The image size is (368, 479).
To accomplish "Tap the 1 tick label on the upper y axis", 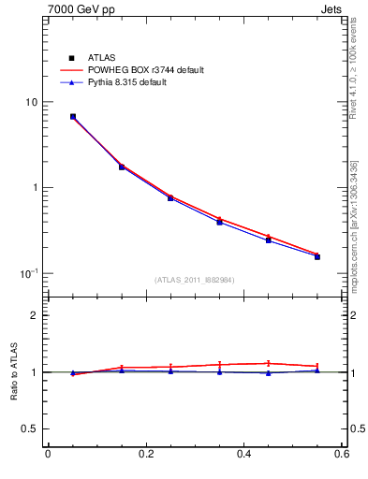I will (x=35, y=187).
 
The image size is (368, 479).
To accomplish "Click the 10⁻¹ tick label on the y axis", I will (x=30, y=272).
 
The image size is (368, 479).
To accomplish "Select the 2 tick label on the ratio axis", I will (x=35, y=315).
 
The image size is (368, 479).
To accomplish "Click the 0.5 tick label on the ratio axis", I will (x=30, y=428).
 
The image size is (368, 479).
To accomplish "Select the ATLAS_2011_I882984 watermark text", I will (x=195, y=280).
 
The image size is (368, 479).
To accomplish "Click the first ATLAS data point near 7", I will (x=73, y=117).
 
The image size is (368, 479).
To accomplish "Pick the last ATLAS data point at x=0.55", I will (x=317, y=255).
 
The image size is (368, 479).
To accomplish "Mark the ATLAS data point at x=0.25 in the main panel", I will (x=170, y=197).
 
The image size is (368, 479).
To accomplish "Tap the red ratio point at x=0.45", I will (x=269, y=363).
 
